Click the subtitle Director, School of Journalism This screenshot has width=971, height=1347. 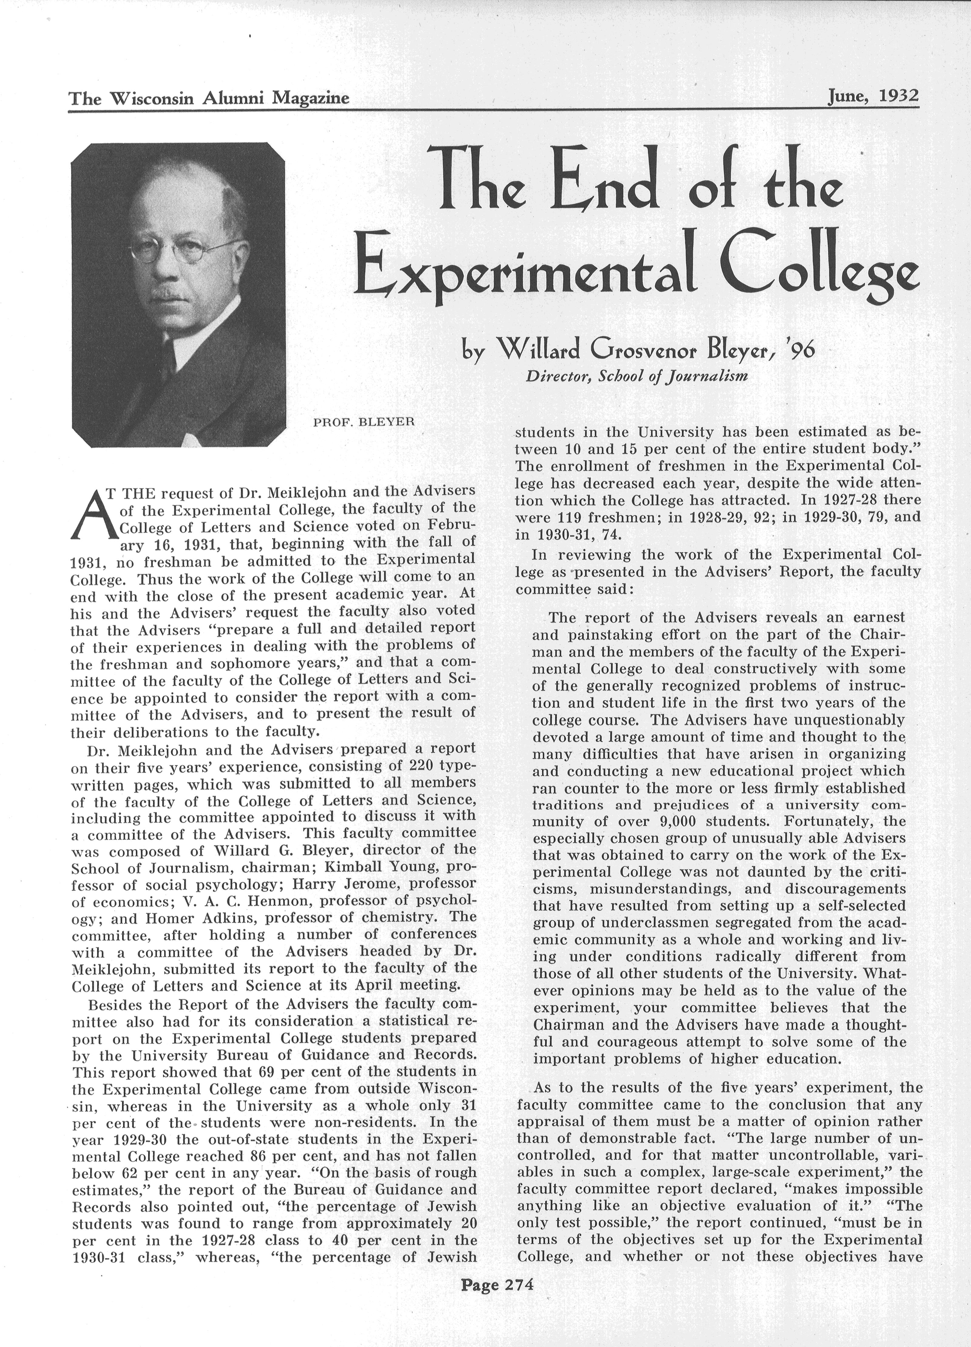(x=635, y=376)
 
